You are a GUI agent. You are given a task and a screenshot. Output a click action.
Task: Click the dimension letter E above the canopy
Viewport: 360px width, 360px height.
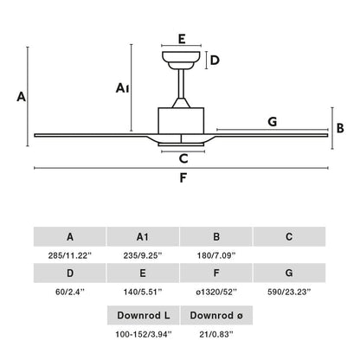pyautogui.click(x=182, y=39)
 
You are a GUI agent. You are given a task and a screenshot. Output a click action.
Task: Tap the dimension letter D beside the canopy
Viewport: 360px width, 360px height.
pyautogui.click(x=215, y=61)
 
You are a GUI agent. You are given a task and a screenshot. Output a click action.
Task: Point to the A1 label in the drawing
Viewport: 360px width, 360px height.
pyautogui.click(x=122, y=88)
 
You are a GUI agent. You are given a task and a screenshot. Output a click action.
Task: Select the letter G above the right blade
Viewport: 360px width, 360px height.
pyautogui.click(x=273, y=122)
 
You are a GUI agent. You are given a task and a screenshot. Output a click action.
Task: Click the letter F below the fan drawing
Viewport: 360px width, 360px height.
pyautogui.click(x=183, y=178)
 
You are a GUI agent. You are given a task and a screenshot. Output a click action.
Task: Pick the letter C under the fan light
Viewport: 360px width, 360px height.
pyautogui.click(x=183, y=158)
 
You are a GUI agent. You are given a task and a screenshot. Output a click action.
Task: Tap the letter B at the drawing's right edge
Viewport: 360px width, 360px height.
pyautogui.click(x=340, y=128)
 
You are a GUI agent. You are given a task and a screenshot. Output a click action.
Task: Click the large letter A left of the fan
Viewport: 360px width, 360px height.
pyautogui.click(x=21, y=97)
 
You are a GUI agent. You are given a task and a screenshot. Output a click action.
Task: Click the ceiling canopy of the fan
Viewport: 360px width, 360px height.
pyautogui.click(x=181, y=61)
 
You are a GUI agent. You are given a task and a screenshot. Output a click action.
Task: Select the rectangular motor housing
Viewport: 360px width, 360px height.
pyautogui.click(x=181, y=120)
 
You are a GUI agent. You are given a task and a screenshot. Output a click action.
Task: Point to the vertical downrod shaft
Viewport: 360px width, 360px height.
pyautogui.click(x=181, y=84)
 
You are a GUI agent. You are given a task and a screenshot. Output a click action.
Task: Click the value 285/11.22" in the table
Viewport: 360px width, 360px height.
pyautogui.click(x=69, y=255)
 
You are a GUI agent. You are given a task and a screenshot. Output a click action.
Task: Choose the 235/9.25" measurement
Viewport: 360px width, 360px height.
pyautogui.click(x=143, y=255)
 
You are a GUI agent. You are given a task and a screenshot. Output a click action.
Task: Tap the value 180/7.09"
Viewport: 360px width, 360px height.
pyautogui.click(x=216, y=255)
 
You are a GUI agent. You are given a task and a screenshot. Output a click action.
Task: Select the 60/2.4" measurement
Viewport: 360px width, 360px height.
pyautogui.click(x=70, y=292)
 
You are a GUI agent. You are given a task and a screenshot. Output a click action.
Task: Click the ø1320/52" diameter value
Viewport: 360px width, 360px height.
pyautogui.click(x=216, y=292)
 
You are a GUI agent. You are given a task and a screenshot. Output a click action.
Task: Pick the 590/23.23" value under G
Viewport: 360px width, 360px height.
pyautogui.click(x=289, y=292)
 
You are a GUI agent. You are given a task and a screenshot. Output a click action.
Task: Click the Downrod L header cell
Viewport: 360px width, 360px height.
pyautogui.click(x=144, y=315)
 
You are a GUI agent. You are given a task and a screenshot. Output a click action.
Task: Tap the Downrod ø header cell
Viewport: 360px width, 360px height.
pyautogui.click(x=216, y=315)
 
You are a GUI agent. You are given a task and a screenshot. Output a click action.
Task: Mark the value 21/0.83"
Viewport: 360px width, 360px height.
pyautogui.click(x=216, y=334)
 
